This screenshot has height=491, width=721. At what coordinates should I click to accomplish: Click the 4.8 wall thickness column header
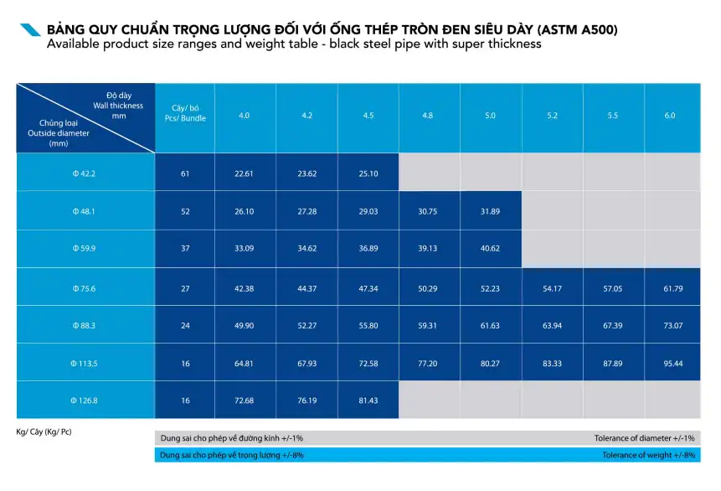428,116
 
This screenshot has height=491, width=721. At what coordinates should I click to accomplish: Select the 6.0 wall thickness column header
670,116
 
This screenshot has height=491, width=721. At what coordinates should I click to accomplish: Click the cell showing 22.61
245,173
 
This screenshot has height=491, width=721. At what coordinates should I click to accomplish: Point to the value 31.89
490,211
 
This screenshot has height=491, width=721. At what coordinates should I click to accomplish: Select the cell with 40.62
490,249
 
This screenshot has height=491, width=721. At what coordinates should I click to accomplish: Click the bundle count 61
185,173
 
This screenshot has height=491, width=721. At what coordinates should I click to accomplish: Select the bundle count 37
185,249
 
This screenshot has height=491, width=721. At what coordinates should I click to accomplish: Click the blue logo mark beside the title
30,30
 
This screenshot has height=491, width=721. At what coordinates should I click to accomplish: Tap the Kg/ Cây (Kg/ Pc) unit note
44,432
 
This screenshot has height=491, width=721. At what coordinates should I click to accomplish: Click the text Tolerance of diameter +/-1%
644,438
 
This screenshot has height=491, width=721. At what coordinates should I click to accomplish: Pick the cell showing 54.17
552,288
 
